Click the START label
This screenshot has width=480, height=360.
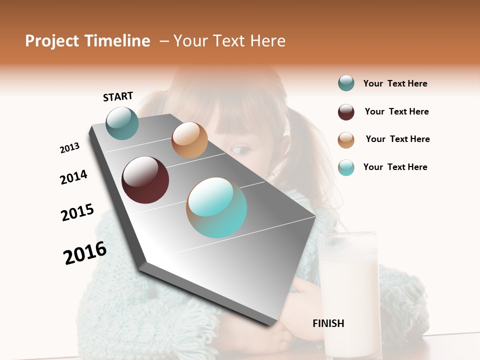coord(118,96)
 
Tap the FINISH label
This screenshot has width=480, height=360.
coord(328,323)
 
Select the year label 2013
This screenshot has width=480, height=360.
coord(69,148)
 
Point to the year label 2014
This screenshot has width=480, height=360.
coord(73,177)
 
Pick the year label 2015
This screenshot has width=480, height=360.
coord(77,213)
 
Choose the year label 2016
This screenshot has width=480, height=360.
coord(85,253)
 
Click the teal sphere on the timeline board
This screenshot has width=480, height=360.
coord(122,123)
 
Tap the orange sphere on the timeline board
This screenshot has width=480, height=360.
coord(189,140)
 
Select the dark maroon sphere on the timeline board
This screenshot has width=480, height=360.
coord(145,180)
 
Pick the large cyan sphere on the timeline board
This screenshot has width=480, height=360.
coord(216,207)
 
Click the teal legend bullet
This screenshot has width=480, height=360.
coord(346,83)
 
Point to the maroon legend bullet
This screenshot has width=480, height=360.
coord(346,112)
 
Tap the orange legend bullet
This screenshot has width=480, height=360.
coord(346,140)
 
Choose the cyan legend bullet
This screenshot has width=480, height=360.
coord(346,167)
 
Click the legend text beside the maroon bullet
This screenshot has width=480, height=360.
coord(396,111)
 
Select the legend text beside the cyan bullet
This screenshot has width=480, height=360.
coord(395,167)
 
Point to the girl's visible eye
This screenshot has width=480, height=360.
coord(241,149)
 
